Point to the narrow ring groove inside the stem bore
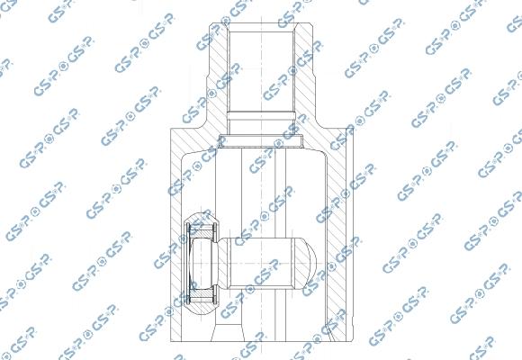pyautogui.click(x=261, y=114)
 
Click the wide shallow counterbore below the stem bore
pyautogui.click(x=261, y=141)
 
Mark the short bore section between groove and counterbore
pyautogui.click(x=261, y=128)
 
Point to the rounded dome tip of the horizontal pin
pyautogui.click(x=306, y=262)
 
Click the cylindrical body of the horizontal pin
pyautogui.click(x=265, y=262)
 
